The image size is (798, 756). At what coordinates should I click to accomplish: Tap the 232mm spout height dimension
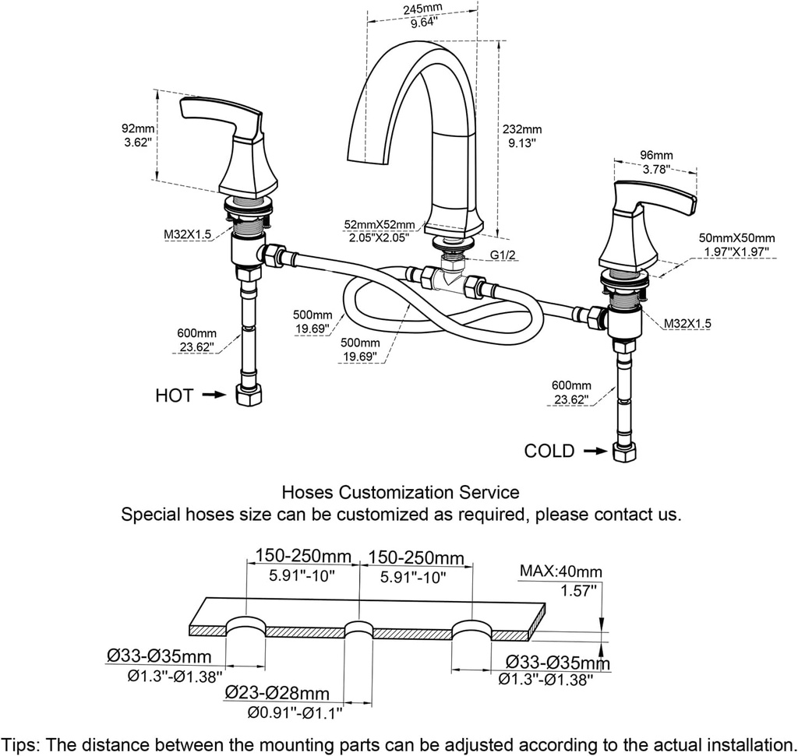click(x=521, y=130)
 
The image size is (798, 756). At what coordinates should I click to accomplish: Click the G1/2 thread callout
click(x=503, y=254)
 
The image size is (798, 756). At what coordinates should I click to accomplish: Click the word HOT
click(x=174, y=396)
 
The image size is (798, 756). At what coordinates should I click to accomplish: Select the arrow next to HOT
click(x=214, y=396)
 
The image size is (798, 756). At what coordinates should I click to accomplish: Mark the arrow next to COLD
click(x=594, y=451)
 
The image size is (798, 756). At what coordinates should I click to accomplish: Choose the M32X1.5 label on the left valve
click(x=187, y=233)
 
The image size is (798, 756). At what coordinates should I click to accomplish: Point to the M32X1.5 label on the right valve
click(x=687, y=322)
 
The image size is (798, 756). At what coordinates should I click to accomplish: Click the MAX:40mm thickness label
click(x=560, y=572)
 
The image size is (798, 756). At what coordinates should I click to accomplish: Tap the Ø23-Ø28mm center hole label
click(x=277, y=692)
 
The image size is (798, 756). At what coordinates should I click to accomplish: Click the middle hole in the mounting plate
click(x=358, y=630)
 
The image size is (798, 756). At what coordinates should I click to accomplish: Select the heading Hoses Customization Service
click(x=400, y=492)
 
